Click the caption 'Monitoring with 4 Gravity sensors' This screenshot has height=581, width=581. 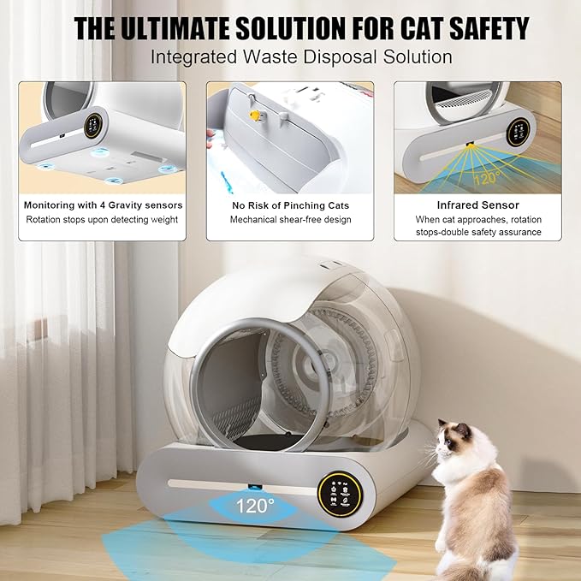point(103,205)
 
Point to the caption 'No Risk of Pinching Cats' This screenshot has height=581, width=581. point(289,205)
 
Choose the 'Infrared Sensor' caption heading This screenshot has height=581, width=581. point(477,205)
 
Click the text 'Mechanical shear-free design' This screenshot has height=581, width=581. point(289,219)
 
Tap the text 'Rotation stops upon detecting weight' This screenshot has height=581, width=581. point(103,219)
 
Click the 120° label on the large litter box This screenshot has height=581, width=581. point(256,506)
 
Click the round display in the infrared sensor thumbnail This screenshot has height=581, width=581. point(518,131)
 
